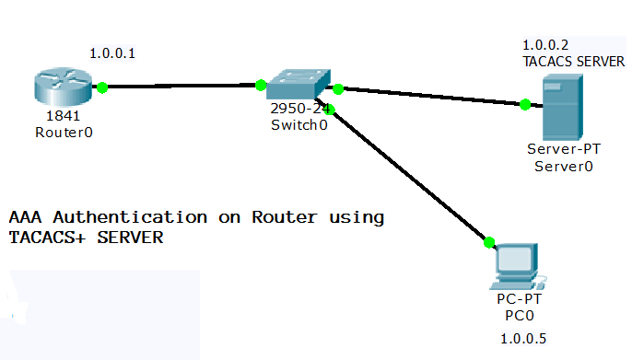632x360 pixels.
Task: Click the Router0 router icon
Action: point(60,87)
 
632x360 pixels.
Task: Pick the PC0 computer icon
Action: point(516,267)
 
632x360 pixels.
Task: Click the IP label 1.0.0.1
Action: point(112,53)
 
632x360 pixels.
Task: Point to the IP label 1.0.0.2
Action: point(546,44)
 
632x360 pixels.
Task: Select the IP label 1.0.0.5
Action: point(522,339)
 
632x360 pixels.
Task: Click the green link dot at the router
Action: point(102,87)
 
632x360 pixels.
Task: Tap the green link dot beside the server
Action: point(524,105)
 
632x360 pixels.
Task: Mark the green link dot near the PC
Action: point(489,243)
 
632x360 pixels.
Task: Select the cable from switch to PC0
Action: point(410,177)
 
